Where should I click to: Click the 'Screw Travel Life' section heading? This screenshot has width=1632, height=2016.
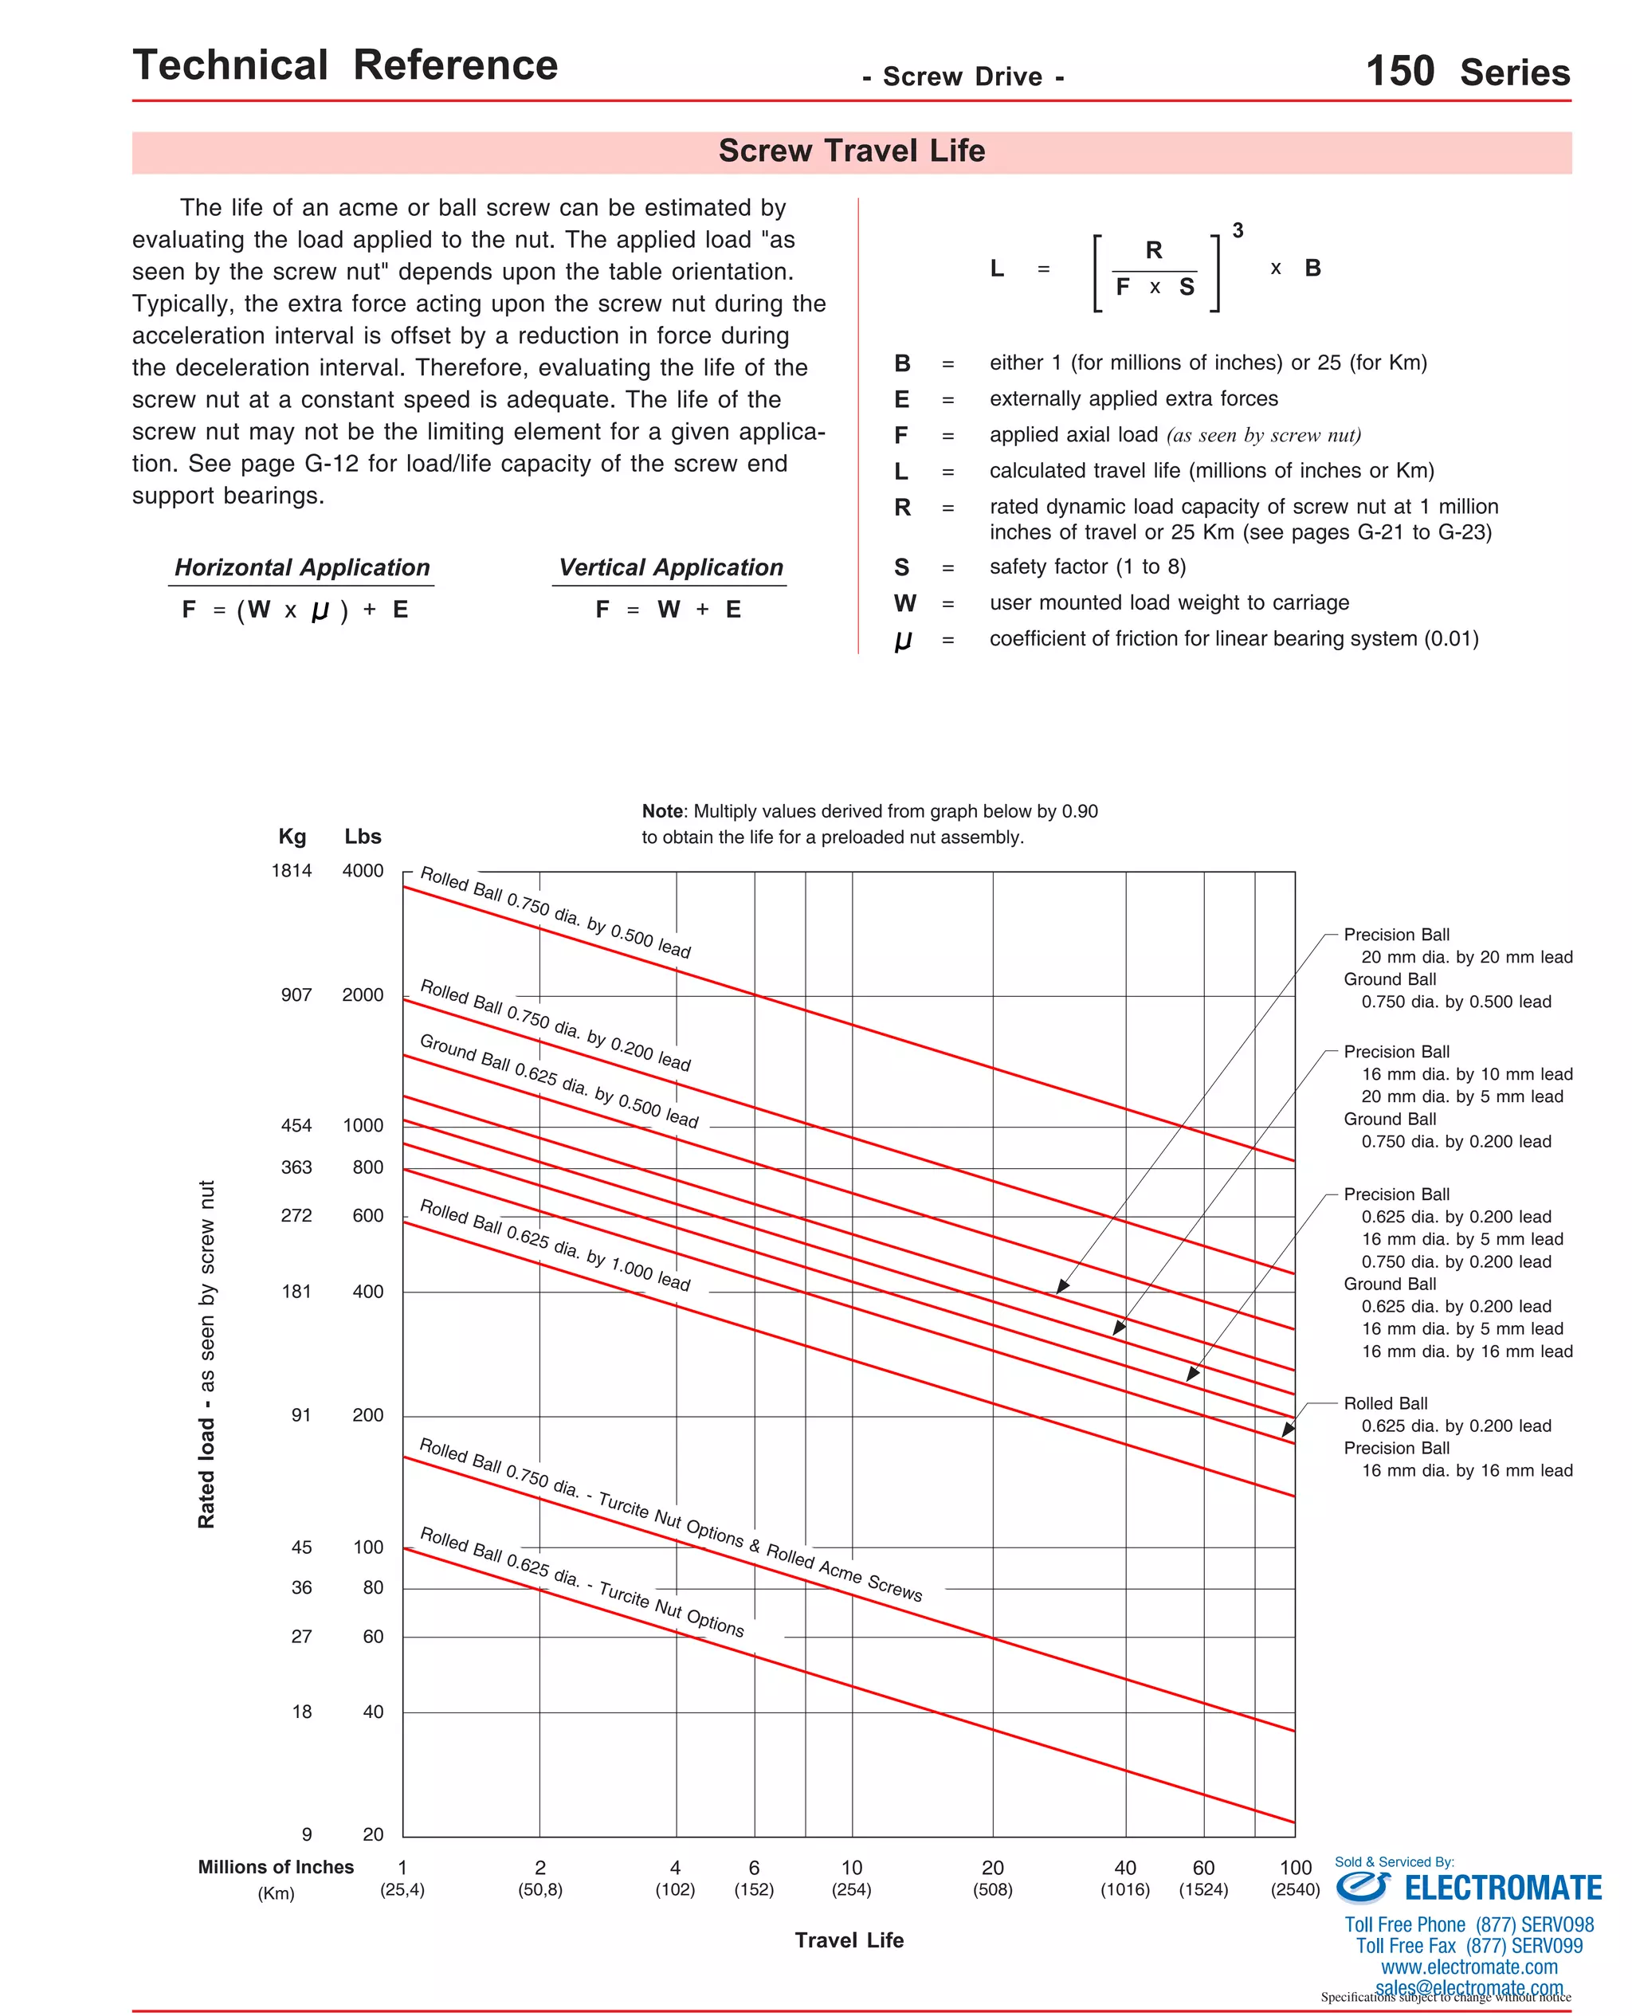coord(851,151)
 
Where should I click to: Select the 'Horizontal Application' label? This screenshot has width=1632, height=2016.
coord(302,567)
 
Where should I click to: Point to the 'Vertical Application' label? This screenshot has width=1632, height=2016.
coord(670,567)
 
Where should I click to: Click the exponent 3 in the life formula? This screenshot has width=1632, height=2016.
coord(1238,231)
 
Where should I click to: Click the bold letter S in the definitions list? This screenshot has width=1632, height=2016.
coord(901,567)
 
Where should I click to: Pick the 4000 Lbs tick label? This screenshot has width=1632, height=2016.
coord(363,871)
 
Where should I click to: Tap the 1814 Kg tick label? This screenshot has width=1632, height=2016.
coord(292,871)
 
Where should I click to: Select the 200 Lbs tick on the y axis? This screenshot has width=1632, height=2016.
coord(367,1415)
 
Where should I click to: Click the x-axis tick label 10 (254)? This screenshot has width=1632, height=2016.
coord(852,1879)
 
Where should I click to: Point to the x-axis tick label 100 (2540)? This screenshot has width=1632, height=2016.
coord(1296,1879)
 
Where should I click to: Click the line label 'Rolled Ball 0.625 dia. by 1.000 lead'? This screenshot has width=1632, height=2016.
coord(555,1245)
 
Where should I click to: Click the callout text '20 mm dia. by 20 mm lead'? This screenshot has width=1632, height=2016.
coord(1466,958)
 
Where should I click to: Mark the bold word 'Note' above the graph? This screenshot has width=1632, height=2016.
coord(662,812)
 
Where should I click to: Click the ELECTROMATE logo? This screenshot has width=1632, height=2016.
coord(1469,1887)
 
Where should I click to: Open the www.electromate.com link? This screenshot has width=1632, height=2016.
coord(1469,1967)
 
